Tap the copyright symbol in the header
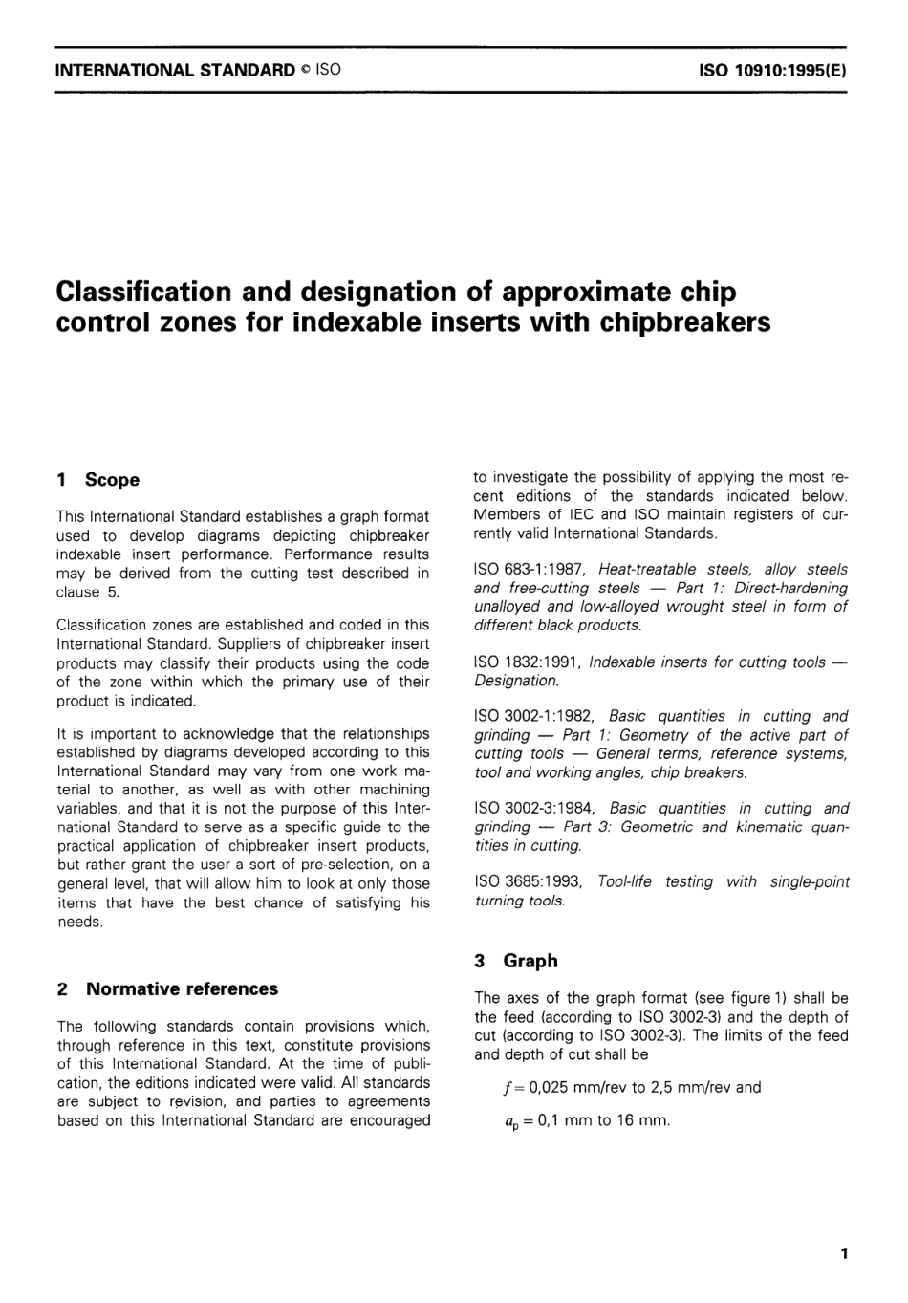[x=304, y=71]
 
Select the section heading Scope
[x=112, y=480]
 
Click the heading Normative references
[x=182, y=989]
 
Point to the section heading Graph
[x=530, y=962]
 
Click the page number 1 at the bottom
[x=844, y=1253]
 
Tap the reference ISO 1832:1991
[x=528, y=662]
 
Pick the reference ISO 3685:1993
[x=528, y=882]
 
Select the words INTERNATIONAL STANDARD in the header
[x=176, y=71]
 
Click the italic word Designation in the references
[x=516, y=681]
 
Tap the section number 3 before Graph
[x=480, y=962]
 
